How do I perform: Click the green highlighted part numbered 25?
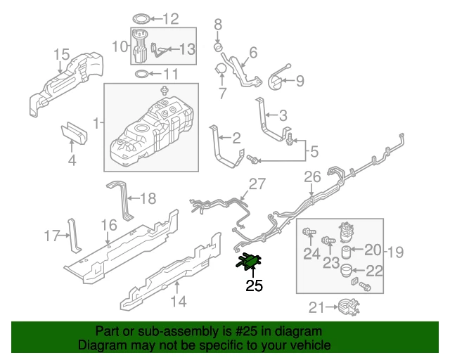(x=249, y=262)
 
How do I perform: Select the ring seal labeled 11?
(x=141, y=75)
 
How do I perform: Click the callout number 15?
(x=61, y=54)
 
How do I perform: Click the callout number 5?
(x=314, y=150)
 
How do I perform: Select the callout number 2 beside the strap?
(x=236, y=138)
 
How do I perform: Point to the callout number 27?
(x=258, y=184)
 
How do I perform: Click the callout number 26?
(x=311, y=179)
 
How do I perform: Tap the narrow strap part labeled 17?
(x=74, y=236)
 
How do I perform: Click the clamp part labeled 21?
(x=346, y=307)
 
